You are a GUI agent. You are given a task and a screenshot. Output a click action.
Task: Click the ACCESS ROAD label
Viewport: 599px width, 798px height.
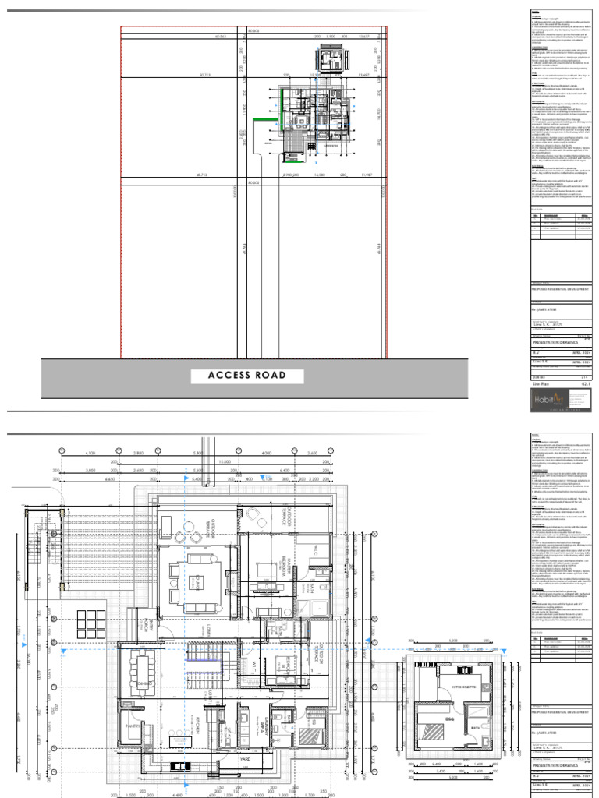(x=247, y=376)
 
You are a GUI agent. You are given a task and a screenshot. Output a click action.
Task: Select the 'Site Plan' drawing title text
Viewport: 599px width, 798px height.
(x=543, y=384)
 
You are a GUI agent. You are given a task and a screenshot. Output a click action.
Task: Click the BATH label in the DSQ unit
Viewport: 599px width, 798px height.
(x=475, y=729)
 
